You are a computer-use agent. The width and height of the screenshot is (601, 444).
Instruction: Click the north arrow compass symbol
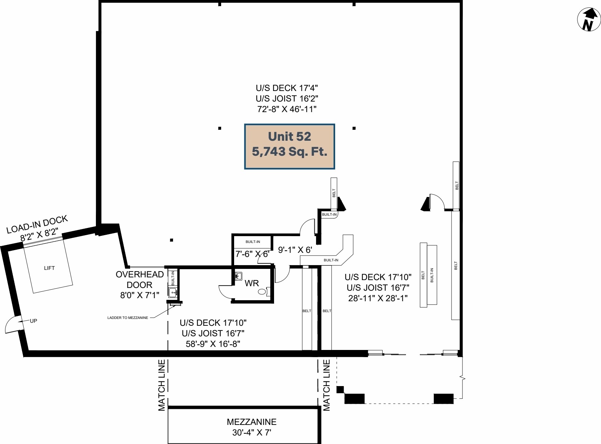point(589,19)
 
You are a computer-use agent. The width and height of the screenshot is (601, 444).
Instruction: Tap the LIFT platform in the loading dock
point(49,268)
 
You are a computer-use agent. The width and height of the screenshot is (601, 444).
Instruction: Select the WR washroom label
point(252,283)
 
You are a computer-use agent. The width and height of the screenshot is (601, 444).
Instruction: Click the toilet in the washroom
point(263,292)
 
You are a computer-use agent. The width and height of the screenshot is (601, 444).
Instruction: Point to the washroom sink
point(239,276)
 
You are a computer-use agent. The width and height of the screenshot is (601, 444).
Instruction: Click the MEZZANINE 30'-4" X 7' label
point(252,427)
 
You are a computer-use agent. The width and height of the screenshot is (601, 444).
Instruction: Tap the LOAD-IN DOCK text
point(37,224)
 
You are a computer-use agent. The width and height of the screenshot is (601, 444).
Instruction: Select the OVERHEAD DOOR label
point(140,279)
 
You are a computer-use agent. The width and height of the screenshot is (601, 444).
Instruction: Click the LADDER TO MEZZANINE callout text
point(128,318)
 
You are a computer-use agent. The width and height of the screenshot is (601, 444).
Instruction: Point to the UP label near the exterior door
point(33,321)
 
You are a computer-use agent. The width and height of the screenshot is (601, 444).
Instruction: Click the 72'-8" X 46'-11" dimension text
point(287,109)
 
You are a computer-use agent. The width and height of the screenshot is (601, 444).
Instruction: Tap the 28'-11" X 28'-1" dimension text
point(378,298)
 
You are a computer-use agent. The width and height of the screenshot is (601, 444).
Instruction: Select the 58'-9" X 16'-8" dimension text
point(213,344)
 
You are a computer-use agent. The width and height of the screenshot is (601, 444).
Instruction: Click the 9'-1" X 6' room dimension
point(295,250)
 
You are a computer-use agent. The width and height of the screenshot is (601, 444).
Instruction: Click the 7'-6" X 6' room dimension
point(252,254)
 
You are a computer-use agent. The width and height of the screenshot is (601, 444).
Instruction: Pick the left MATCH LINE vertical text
point(161,385)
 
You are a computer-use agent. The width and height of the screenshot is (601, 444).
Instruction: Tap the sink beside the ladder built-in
point(173,292)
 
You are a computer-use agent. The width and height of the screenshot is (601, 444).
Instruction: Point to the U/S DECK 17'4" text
point(287,88)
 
